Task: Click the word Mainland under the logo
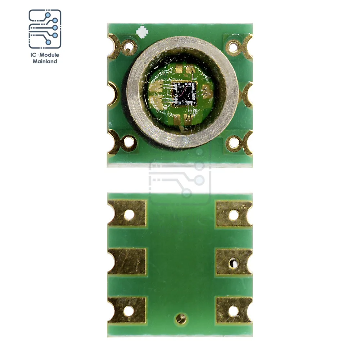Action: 45,62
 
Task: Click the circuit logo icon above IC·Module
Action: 45,29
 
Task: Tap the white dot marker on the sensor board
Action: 142,31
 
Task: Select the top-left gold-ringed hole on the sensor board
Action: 129,45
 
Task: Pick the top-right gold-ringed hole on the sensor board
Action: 233,45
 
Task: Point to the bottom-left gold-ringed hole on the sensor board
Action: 128,142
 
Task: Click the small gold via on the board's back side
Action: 181,318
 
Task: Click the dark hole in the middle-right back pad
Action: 234,263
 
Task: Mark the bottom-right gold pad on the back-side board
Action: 234,310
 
